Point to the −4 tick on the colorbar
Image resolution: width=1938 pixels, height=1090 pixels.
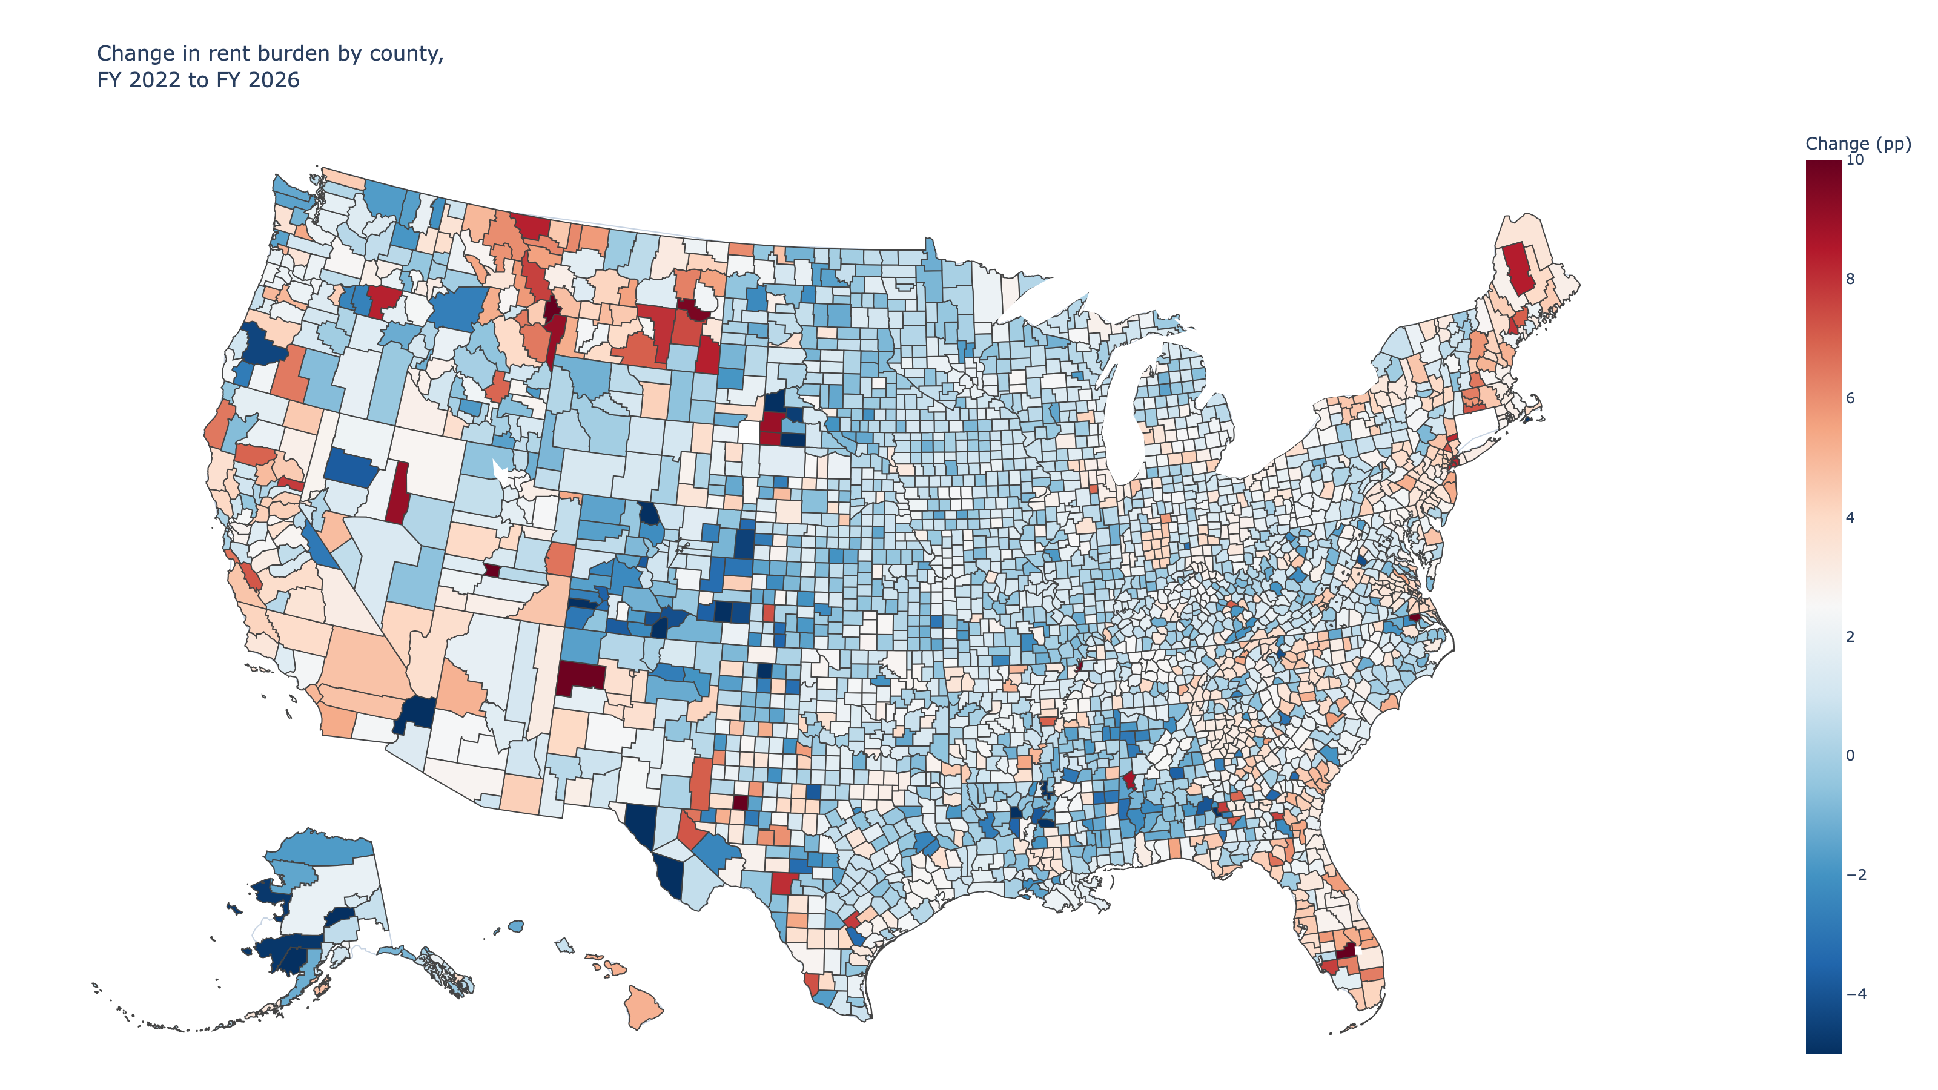[x=1856, y=994]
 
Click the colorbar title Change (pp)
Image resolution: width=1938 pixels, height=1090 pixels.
[x=1857, y=143]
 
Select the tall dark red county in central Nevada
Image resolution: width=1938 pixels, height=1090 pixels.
[x=398, y=493]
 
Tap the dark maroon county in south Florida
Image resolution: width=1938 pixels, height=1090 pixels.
[x=1346, y=950]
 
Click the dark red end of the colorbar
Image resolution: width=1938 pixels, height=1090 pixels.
[x=1824, y=170]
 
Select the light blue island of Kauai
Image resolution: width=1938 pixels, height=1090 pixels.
[x=517, y=925]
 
